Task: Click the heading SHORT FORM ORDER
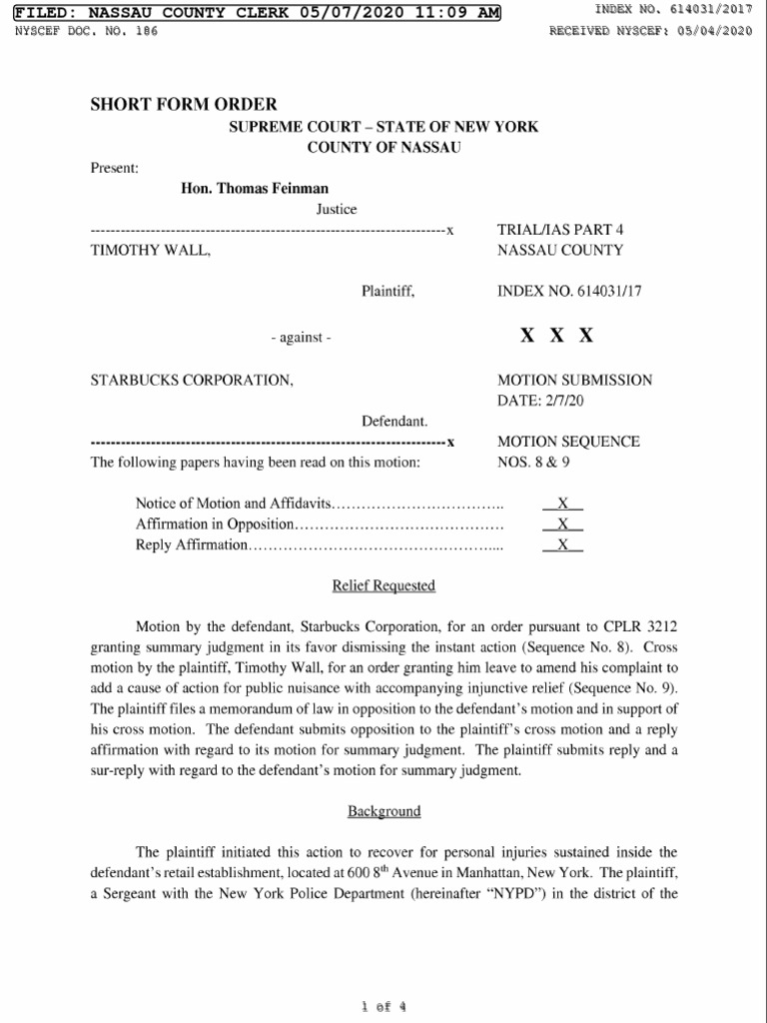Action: click(184, 104)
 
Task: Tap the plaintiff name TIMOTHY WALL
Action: click(150, 251)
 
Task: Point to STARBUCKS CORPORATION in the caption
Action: click(192, 380)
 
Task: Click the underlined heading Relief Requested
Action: click(383, 585)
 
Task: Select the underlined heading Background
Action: click(383, 811)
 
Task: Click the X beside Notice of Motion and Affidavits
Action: click(562, 503)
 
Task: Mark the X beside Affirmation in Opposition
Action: click(562, 523)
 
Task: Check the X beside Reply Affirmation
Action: click(562, 544)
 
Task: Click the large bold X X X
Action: click(556, 336)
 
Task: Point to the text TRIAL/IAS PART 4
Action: click(559, 230)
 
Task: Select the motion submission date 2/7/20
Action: click(565, 400)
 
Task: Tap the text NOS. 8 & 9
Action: click(533, 463)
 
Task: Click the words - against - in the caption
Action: click(300, 338)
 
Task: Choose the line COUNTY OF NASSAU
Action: click(383, 147)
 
